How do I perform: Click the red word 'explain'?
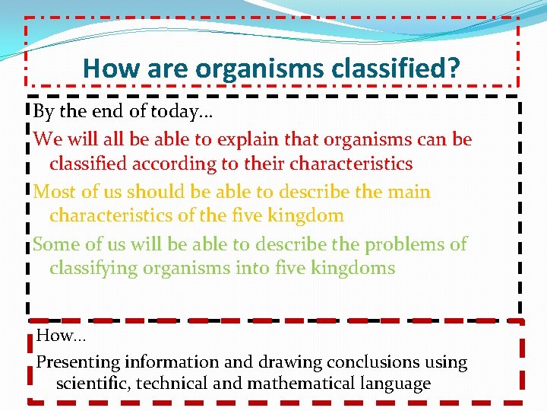click(248, 140)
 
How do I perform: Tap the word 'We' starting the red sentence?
click(44, 140)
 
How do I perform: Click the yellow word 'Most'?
click(55, 192)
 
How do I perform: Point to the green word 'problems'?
click(404, 244)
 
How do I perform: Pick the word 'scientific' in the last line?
click(93, 384)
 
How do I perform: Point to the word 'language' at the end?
click(396, 384)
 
